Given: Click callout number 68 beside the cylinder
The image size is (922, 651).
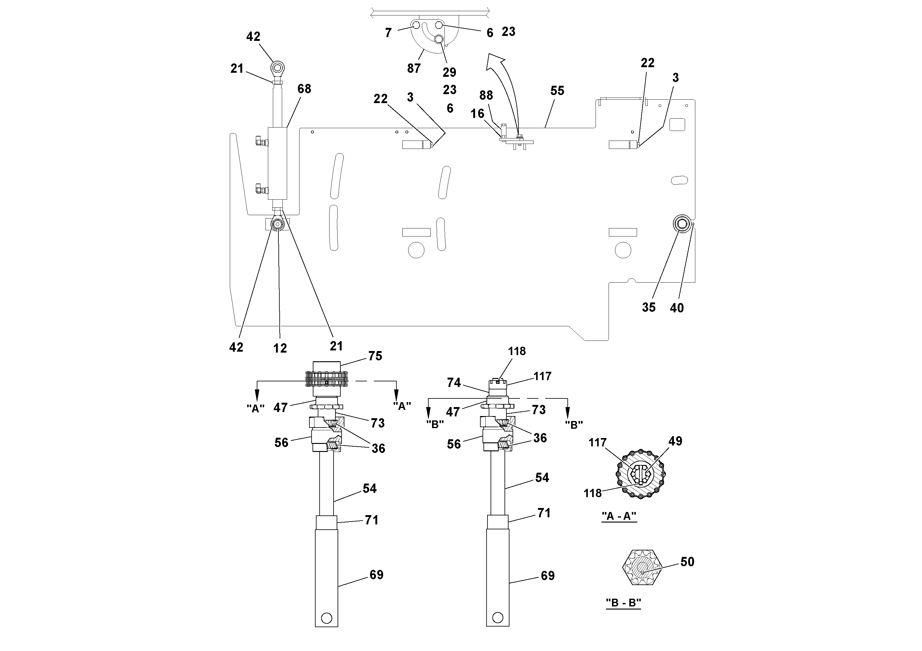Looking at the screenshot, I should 304,89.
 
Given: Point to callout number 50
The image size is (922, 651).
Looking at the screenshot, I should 687,562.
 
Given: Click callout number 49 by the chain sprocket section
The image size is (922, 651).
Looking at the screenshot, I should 675,441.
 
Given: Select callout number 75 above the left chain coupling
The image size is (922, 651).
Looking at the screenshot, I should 375,356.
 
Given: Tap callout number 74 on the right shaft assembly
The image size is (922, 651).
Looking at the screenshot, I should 454,383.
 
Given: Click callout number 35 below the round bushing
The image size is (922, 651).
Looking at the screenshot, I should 649,307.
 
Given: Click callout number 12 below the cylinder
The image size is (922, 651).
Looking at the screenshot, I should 280,348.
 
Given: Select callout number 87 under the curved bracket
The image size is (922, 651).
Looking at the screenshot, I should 414,68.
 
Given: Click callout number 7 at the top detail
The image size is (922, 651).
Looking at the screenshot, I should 388,33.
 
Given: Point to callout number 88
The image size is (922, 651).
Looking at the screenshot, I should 486,96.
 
